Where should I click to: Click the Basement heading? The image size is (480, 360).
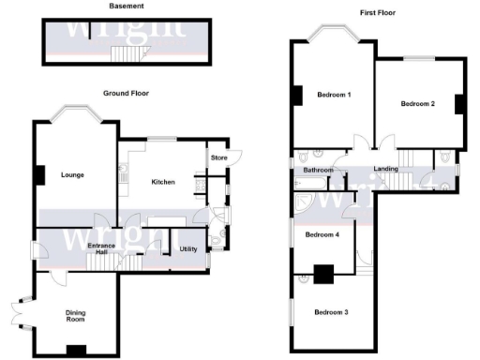[125, 6]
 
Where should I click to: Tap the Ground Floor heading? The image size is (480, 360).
[127, 93]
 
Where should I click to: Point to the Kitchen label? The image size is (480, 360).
[166, 182]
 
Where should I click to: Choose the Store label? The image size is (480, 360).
[218, 157]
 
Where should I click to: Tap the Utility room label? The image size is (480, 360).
[187, 247]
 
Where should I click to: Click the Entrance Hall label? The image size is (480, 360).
[100, 249]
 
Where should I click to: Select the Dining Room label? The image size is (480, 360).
[74, 316]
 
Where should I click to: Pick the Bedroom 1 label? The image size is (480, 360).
[333, 96]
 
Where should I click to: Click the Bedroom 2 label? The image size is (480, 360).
[418, 104]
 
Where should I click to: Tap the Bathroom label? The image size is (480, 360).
[319, 172]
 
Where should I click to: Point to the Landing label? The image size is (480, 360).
[386, 169]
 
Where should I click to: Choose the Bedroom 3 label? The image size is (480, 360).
[331, 311]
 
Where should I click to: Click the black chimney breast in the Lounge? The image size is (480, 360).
[39, 175]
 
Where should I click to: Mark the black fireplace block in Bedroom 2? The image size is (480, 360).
[459, 103]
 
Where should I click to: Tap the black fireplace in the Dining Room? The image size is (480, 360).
[73, 351]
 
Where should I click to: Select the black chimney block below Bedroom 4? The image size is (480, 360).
[323, 274]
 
